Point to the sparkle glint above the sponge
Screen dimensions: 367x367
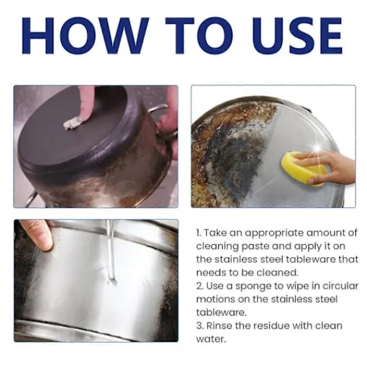point(317,148)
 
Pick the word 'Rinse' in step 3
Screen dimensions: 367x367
point(220,325)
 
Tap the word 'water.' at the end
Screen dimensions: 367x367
point(211,339)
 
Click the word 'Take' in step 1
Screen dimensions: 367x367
point(214,232)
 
